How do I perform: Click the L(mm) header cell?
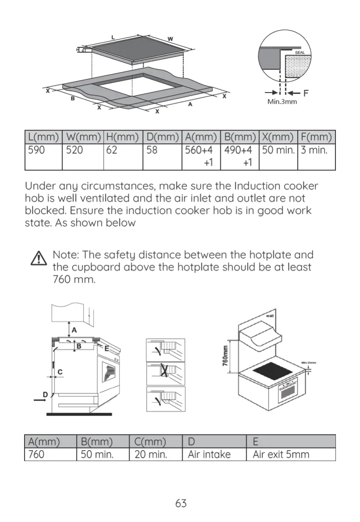pos(43,137)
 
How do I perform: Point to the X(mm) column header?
pos(278,137)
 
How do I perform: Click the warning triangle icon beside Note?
pos(39,259)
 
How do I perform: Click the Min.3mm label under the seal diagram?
pos(282,102)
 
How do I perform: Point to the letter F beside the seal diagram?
pos(306,93)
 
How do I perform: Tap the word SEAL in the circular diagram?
pos(300,53)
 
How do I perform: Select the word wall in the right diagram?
pos(270,316)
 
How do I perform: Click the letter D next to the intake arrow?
pos(45,394)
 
